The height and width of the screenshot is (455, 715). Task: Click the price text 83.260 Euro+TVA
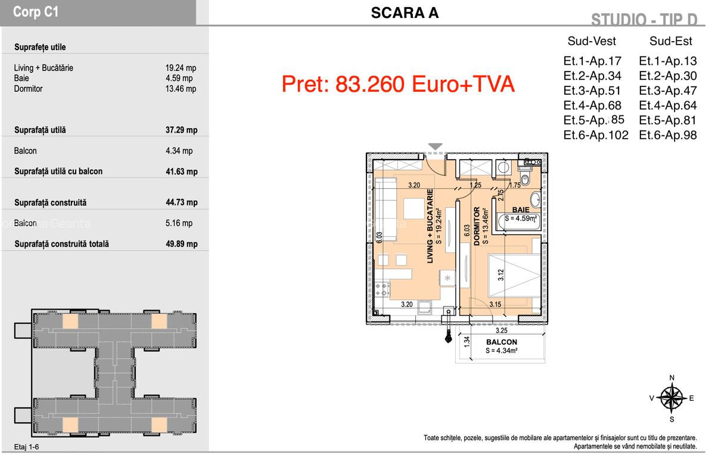click(398, 84)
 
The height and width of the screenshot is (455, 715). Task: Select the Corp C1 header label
click(36, 13)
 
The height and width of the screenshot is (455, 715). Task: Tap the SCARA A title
click(405, 13)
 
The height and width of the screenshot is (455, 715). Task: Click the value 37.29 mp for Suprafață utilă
click(181, 130)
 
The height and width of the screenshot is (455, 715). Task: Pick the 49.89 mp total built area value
click(181, 244)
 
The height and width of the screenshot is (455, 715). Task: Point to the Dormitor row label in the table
click(28, 89)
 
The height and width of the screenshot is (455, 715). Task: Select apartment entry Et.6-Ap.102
click(595, 135)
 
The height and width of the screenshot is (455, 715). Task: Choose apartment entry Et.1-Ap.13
click(667, 61)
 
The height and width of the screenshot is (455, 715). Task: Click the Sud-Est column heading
click(671, 41)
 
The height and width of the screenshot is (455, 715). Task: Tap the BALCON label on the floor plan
click(501, 342)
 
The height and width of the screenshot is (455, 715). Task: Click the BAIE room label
click(521, 210)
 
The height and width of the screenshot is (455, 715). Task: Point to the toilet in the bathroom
click(525, 178)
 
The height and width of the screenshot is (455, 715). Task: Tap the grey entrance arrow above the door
click(436, 147)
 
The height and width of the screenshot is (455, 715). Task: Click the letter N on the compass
click(672, 378)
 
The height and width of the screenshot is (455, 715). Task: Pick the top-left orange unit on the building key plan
click(70, 322)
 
